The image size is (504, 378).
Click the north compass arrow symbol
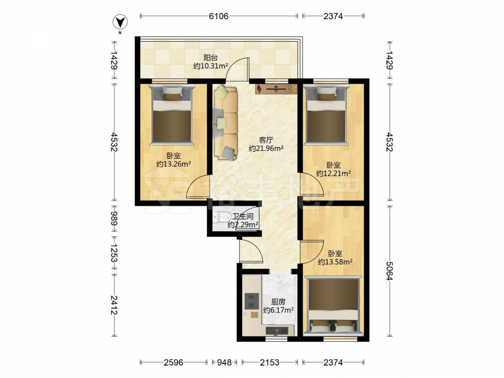(x=120, y=22)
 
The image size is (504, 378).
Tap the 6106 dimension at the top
(x=219, y=16)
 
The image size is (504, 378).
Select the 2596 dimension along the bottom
(x=173, y=362)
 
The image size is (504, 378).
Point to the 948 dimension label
(x=224, y=362)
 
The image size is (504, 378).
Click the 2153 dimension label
(x=269, y=362)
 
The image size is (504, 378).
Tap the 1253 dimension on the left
(x=114, y=253)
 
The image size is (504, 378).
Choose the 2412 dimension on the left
(x=114, y=305)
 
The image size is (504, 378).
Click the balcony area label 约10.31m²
(x=211, y=66)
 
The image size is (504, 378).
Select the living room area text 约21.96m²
(x=266, y=149)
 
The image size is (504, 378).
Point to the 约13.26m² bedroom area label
(x=173, y=164)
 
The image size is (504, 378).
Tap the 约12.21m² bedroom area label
(x=333, y=173)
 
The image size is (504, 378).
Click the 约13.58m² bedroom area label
(x=335, y=262)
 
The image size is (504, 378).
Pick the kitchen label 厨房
(x=278, y=302)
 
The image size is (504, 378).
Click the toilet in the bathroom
(x=220, y=217)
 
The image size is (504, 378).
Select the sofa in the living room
(x=225, y=122)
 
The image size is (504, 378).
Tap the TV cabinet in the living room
(x=276, y=89)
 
